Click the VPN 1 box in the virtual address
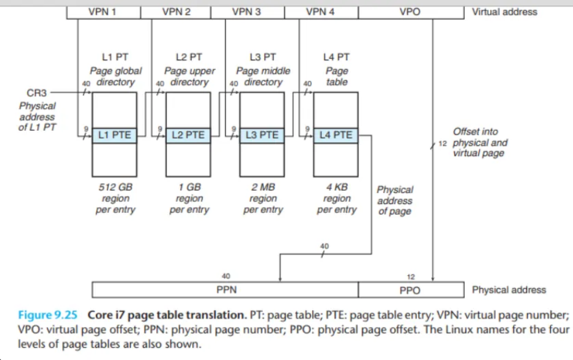coord(104,12)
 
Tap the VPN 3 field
coord(251,12)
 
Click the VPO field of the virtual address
coord(410,12)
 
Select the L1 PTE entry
coord(115,135)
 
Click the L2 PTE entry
coord(188,135)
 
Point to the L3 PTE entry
coord(262,135)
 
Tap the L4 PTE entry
coord(335,135)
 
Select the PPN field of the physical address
coord(225,290)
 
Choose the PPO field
coord(410,290)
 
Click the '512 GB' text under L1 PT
coord(115,186)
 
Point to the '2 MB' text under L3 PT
coord(263,186)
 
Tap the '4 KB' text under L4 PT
coord(337,186)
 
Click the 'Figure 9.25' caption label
coord(47,315)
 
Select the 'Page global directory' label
coord(115,76)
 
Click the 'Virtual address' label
coord(504,12)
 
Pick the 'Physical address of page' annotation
coord(395,201)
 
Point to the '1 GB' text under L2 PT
coord(189,186)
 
